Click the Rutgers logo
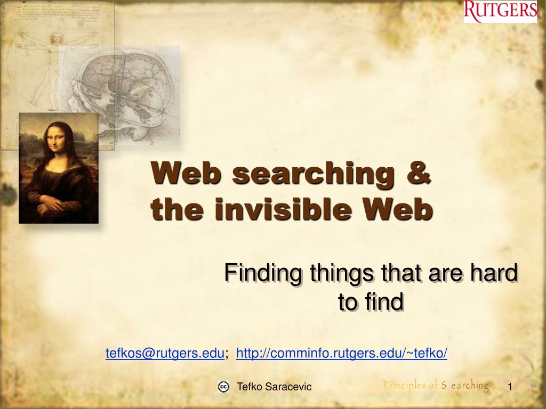(500, 12)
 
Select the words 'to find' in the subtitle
(371, 301)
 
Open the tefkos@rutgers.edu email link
(165, 353)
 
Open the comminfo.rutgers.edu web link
(342, 353)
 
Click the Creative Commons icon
(223, 387)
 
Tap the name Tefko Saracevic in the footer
(274, 387)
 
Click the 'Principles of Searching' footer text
(436, 386)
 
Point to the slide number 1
(510, 387)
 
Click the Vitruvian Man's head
(55, 38)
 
